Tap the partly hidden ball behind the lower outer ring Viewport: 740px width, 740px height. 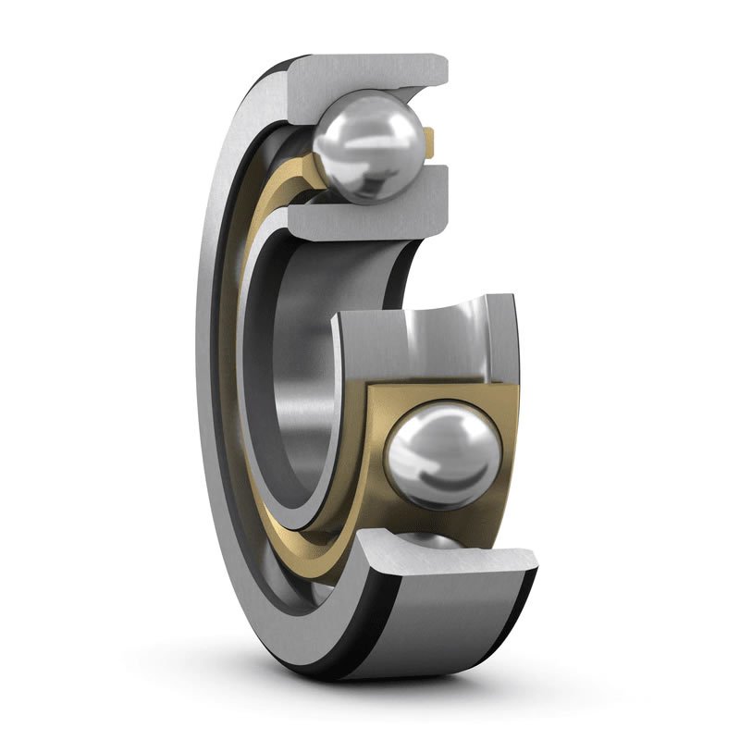pos(435,541)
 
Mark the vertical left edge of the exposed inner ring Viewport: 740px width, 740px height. pos(337,407)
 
